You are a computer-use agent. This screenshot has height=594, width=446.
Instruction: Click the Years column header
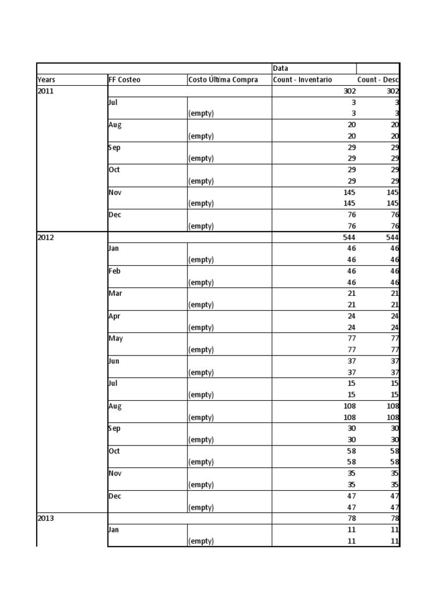coord(46,79)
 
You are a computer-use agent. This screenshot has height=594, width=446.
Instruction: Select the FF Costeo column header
coord(124,79)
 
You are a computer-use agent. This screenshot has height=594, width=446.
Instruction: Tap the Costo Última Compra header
coord(223,79)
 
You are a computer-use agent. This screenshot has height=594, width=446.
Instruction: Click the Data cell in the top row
coord(280,68)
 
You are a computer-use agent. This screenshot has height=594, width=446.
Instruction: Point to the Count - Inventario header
coord(303,79)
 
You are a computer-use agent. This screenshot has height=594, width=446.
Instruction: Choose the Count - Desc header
coord(377,79)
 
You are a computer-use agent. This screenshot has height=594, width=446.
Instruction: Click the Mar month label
coord(115,294)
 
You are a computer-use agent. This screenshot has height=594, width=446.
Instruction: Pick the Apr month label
coord(114,316)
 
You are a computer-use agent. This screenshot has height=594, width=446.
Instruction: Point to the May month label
coord(116,339)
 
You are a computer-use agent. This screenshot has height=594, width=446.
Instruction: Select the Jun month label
coord(114,361)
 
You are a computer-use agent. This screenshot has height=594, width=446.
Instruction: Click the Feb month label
coord(114,271)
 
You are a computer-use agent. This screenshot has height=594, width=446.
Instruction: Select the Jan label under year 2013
coord(114,530)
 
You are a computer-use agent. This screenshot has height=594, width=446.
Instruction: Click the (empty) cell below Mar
coord(200,305)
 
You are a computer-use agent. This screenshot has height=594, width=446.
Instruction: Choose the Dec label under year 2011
coord(114,215)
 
